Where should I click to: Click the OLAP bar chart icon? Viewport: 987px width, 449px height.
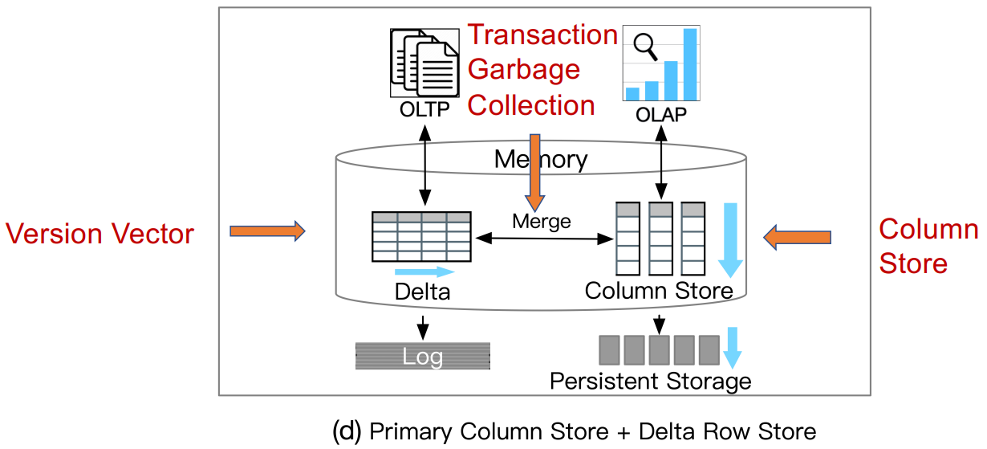(x=660, y=64)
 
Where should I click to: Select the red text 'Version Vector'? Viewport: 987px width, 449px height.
(x=100, y=234)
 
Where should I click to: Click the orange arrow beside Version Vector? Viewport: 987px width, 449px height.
(x=267, y=231)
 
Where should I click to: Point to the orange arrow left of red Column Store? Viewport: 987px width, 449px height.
(x=797, y=237)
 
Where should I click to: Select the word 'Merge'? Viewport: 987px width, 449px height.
(x=542, y=220)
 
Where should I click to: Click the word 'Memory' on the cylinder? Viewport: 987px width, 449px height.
(x=541, y=159)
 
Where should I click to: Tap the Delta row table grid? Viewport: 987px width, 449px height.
(x=421, y=236)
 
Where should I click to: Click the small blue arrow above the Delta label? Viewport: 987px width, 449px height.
(x=424, y=272)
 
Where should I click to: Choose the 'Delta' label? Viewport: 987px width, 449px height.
(x=422, y=292)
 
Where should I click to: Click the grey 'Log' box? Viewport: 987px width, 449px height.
(x=422, y=356)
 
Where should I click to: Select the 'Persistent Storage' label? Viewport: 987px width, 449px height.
(x=650, y=380)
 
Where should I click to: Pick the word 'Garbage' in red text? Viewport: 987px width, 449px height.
(x=523, y=70)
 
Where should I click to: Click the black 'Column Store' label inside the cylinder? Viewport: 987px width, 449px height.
(x=658, y=290)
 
